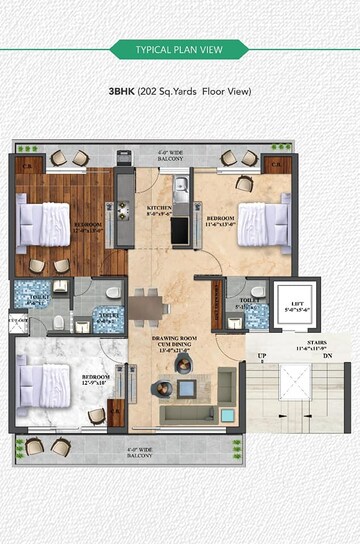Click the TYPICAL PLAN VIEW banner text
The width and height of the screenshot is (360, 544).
click(x=179, y=50)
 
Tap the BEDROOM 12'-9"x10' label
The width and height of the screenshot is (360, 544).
click(x=96, y=380)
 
